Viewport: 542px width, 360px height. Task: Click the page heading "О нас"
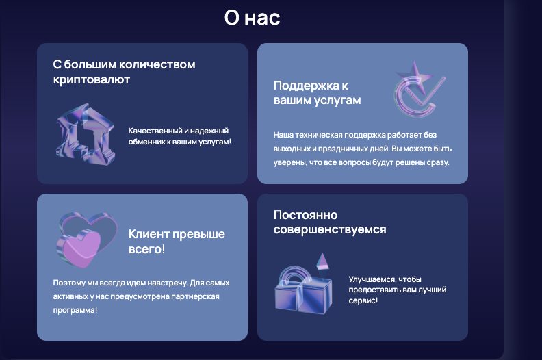(x=252, y=18)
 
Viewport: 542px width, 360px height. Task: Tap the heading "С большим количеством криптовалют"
(x=124, y=72)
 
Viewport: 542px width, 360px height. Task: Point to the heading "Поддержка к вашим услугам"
(x=317, y=92)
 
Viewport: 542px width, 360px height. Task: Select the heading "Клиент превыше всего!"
(x=177, y=241)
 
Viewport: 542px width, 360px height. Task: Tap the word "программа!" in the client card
(x=75, y=310)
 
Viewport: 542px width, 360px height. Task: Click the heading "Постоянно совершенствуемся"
(x=329, y=222)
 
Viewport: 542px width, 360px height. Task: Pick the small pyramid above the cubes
(x=322, y=260)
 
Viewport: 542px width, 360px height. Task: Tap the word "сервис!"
(x=363, y=300)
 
